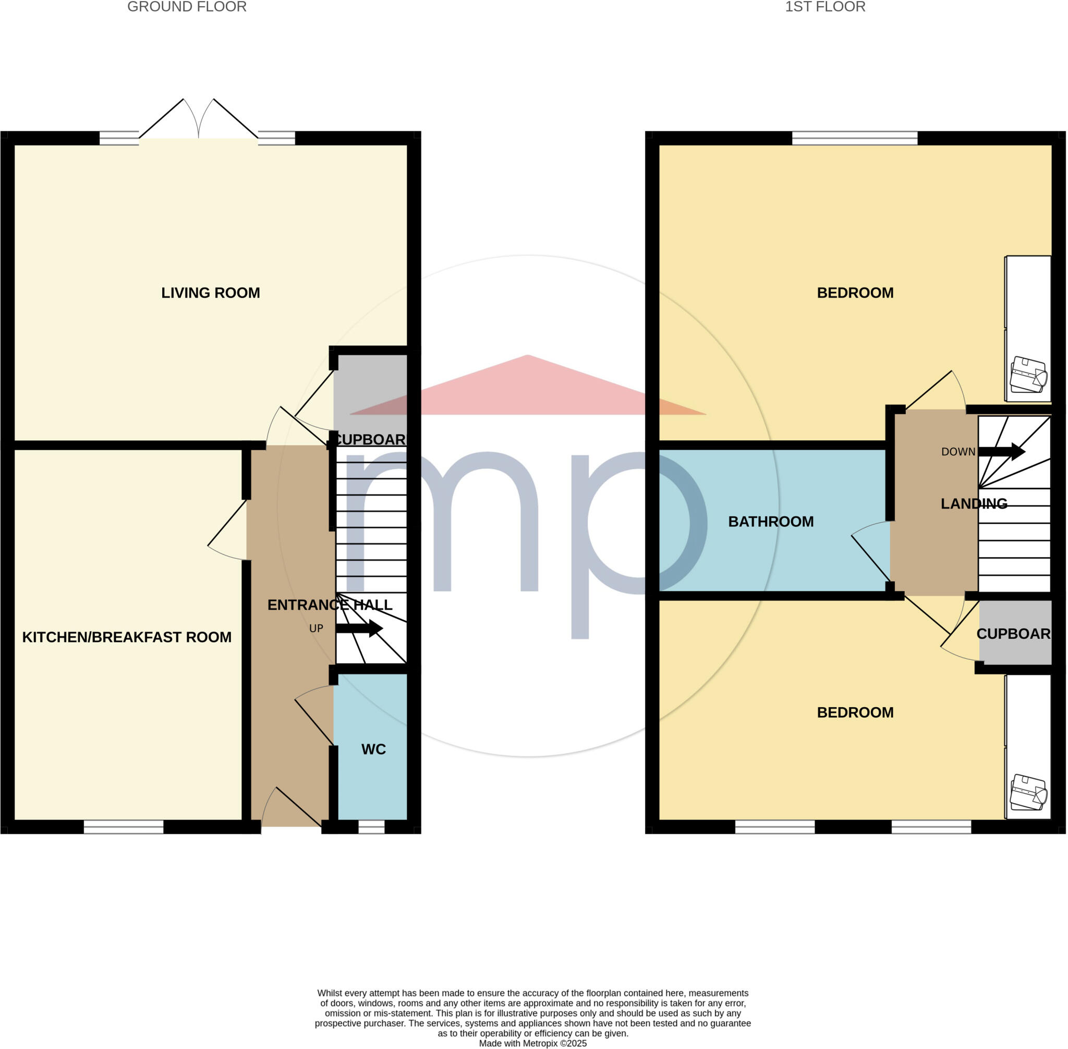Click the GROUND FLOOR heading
pyautogui.click(x=186, y=7)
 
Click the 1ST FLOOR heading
pyautogui.click(x=825, y=7)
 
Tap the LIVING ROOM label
pyautogui.click(x=211, y=292)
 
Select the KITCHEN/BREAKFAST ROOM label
pyautogui.click(x=127, y=637)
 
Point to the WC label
pyautogui.click(x=373, y=749)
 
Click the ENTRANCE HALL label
pyautogui.click(x=330, y=605)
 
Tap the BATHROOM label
pyautogui.click(x=771, y=522)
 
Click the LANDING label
pyautogui.click(x=974, y=503)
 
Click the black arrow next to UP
pyautogui.click(x=359, y=628)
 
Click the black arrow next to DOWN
pyautogui.click(x=1001, y=452)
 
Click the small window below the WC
pyautogui.click(x=371, y=827)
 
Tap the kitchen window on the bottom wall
pyautogui.click(x=124, y=827)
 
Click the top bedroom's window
pyautogui.click(x=855, y=138)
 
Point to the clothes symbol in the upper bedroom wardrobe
pyautogui.click(x=1028, y=375)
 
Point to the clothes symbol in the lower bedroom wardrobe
pyautogui.click(x=1028, y=793)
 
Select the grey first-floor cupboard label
pyautogui.click(x=1013, y=634)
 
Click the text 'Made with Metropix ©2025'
pyautogui.click(x=532, y=1043)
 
